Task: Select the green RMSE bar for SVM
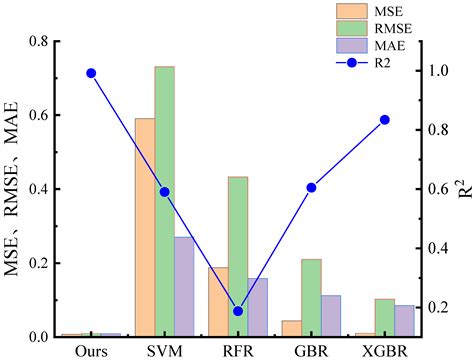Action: [x=164, y=201]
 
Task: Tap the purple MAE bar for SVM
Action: [x=184, y=286]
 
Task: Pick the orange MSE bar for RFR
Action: [x=218, y=301]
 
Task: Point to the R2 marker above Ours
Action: [x=91, y=73]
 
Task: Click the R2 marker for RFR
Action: [x=238, y=311]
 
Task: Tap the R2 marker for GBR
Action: [x=311, y=187]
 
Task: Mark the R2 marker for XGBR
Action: [x=385, y=120]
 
